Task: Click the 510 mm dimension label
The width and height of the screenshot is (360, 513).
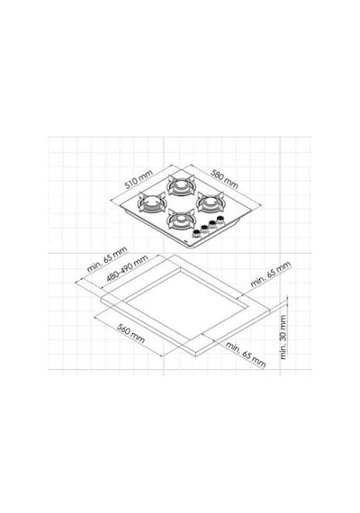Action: (139, 179)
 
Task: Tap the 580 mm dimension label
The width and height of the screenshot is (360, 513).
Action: (224, 178)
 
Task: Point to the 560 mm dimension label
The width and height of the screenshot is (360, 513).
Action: (130, 333)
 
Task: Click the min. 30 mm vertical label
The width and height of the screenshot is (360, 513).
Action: (283, 337)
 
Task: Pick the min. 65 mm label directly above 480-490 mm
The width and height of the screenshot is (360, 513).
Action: (107, 260)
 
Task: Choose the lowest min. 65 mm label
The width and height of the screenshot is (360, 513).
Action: (246, 355)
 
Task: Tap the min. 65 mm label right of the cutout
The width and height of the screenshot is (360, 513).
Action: (270, 274)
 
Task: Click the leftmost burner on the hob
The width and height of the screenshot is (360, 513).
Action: (151, 202)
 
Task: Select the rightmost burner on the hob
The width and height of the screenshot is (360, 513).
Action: (210, 202)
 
